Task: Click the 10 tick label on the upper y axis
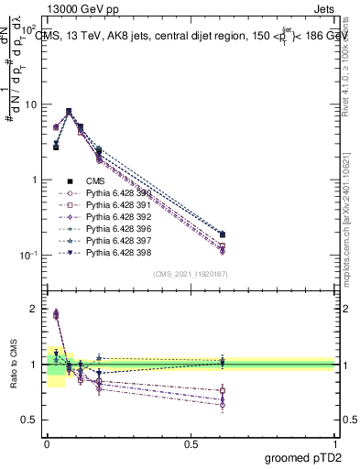pos(29,104)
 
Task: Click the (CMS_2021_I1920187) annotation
pos(190,274)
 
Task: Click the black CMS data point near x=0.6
pos(223,234)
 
